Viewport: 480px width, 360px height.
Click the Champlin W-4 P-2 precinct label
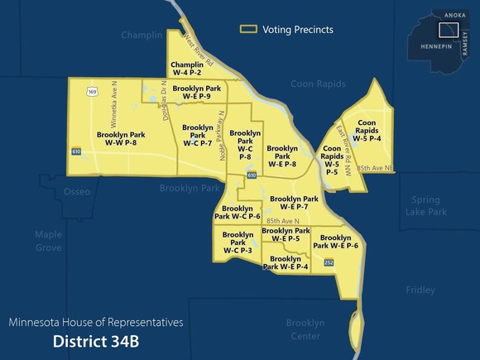click(187, 69)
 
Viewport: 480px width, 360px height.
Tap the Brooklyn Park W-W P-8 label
click(121, 139)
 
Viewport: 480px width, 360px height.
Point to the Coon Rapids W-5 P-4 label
click(367, 131)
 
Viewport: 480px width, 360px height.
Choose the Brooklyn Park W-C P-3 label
click(238, 242)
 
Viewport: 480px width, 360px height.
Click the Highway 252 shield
click(329, 262)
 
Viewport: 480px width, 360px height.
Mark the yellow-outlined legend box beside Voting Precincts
click(247, 29)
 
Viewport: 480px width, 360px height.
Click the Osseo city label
click(77, 192)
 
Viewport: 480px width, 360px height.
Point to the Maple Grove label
click(48, 241)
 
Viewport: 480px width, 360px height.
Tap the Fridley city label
click(420, 290)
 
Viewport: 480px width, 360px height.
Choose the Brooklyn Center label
click(305, 329)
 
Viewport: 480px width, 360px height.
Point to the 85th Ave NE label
click(375, 169)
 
